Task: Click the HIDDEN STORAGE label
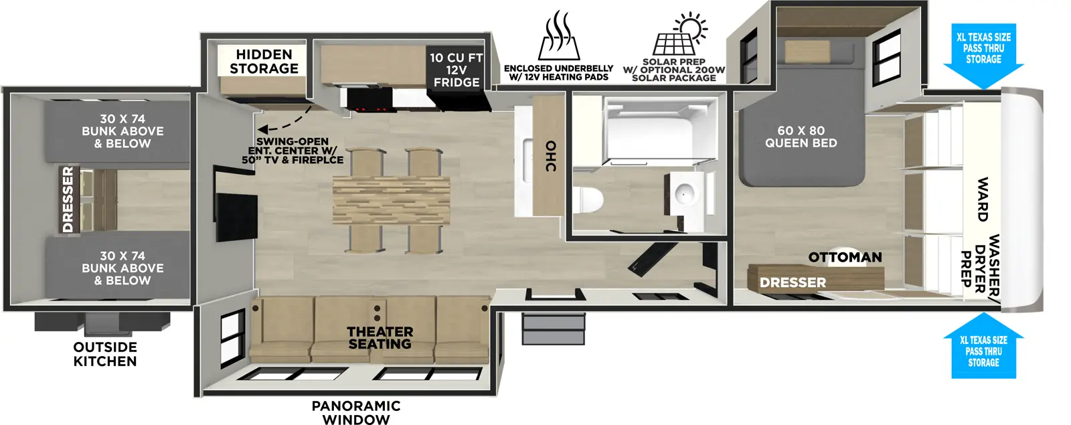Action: (264, 62)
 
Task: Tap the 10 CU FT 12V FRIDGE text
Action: (456, 70)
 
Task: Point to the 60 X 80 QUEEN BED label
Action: (801, 137)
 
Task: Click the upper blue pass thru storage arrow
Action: (983, 54)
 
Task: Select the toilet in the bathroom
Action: (588, 199)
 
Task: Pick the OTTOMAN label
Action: (845, 257)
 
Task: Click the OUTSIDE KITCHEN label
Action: (105, 354)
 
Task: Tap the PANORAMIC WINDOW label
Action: (356, 412)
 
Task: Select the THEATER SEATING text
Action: (380, 338)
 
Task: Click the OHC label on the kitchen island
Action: (550, 156)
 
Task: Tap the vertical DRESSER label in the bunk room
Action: (68, 199)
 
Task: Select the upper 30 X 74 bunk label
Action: (122, 131)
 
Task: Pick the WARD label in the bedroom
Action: (982, 199)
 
